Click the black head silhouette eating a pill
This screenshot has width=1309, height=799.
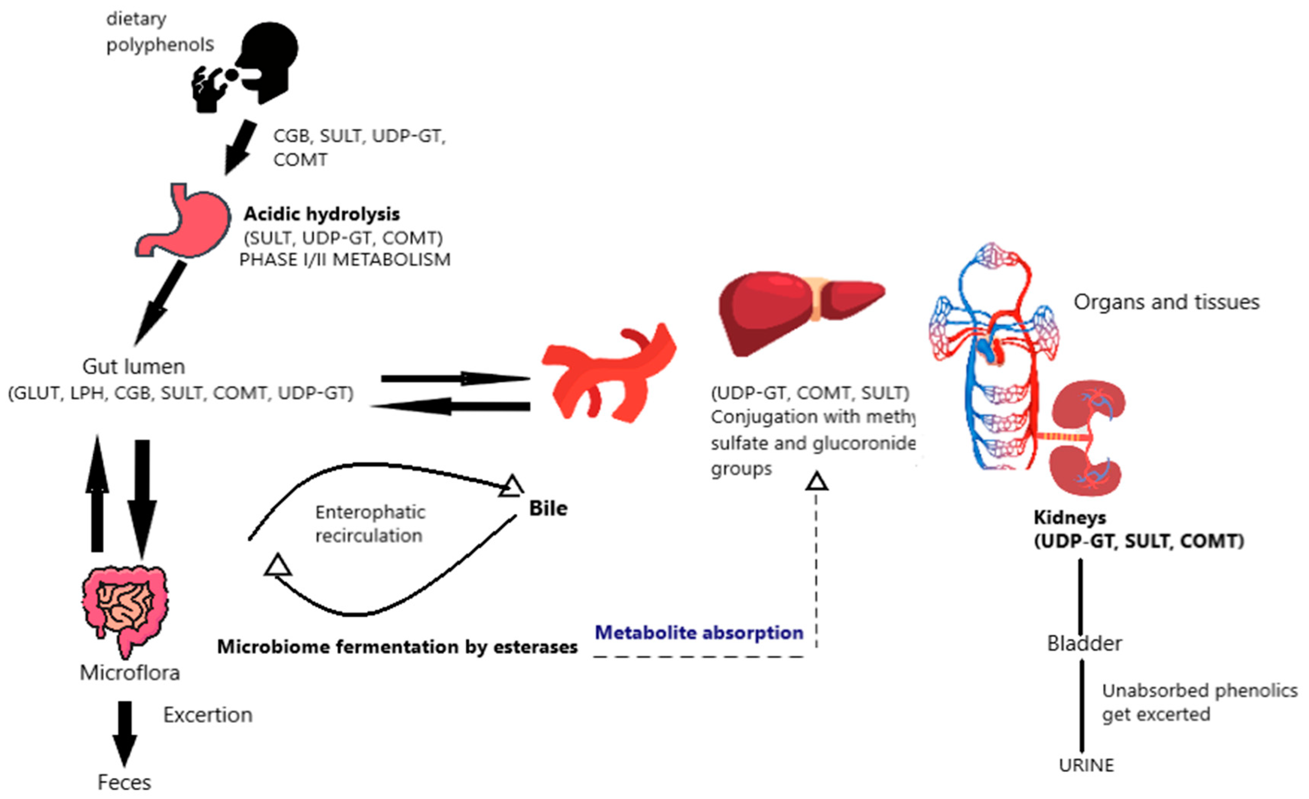pos(255,64)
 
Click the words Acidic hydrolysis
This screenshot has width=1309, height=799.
pos(321,214)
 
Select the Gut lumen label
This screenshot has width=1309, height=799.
pos(134,366)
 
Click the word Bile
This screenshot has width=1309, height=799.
pos(548,508)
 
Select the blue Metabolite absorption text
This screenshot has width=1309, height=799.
pos(698,633)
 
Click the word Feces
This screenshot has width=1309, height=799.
pos(124,783)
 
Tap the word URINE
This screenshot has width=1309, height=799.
pos(1086,765)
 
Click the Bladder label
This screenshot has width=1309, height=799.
pos(1084,643)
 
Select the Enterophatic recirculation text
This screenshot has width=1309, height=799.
pos(370,523)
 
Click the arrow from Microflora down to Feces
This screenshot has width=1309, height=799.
pos(124,734)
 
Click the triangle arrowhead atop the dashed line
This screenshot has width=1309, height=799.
pos(817,482)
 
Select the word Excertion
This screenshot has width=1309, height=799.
pos(208,715)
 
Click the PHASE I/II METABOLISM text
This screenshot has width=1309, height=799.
pos(345,260)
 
